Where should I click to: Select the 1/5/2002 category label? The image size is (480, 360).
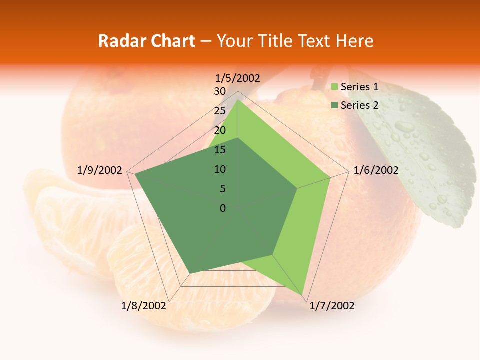(238, 78)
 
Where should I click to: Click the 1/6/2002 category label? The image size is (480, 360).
(376, 170)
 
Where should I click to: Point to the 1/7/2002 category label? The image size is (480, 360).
(332, 306)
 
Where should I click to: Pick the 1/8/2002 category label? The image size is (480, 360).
(144, 306)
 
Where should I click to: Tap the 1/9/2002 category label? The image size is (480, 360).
(100, 170)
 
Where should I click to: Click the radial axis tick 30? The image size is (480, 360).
(220, 91)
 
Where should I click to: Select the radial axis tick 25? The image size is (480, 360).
(220, 111)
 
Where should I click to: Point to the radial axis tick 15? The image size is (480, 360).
(220, 150)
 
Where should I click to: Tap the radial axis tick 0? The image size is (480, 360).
(223, 208)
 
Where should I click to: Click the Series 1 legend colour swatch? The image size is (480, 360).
(335, 87)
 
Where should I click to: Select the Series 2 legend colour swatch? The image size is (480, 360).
(335, 105)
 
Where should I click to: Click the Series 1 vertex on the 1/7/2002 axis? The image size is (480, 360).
(302, 294)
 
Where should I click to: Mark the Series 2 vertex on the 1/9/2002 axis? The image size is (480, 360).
(135, 173)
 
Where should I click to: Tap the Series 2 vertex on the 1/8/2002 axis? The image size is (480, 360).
(190, 273)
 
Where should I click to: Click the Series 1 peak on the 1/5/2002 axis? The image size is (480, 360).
(238, 100)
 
